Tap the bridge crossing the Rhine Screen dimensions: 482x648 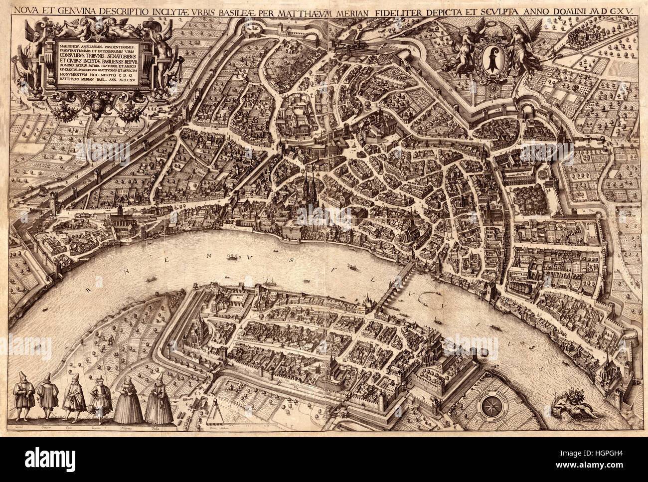click(394, 289)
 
